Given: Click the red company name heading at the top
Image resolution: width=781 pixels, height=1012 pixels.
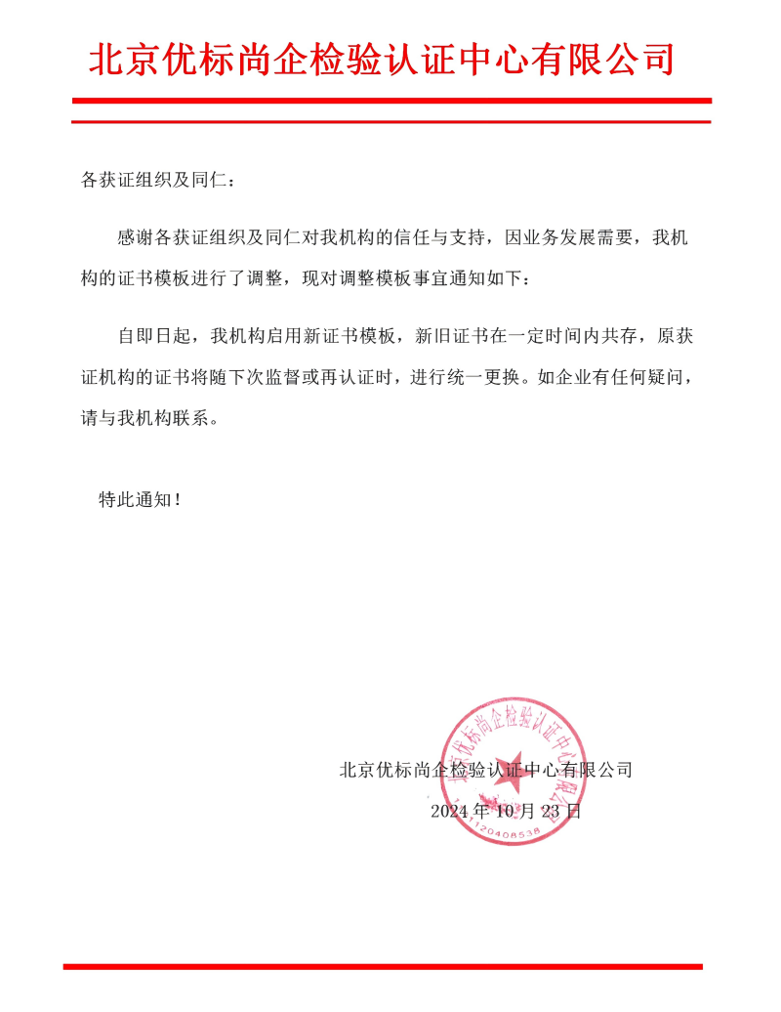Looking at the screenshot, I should click(x=382, y=61).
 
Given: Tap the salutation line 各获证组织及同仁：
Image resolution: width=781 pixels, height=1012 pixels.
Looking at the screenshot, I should click(x=157, y=181).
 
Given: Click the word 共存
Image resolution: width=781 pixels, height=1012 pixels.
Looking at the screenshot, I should click(x=616, y=337).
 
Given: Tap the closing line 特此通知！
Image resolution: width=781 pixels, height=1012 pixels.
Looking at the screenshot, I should click(x=139, y=499).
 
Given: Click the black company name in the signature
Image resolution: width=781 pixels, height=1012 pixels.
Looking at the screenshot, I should click(x=485, y=770).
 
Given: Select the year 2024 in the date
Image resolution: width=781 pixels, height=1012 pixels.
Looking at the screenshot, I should click(x=450, y=811).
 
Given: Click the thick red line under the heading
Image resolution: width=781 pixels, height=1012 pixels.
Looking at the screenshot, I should click(x=391, y=101).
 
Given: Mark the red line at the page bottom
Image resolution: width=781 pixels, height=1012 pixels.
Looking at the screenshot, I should click(x=383, y=967).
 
